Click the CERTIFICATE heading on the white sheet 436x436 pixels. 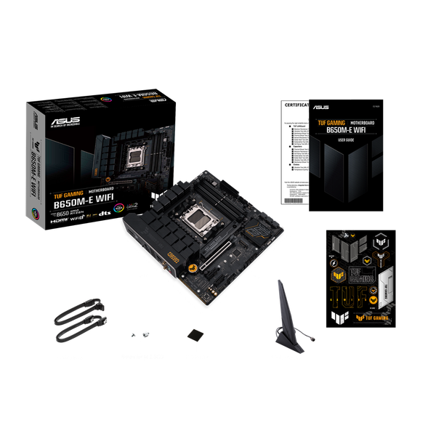[x=294, y=105]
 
